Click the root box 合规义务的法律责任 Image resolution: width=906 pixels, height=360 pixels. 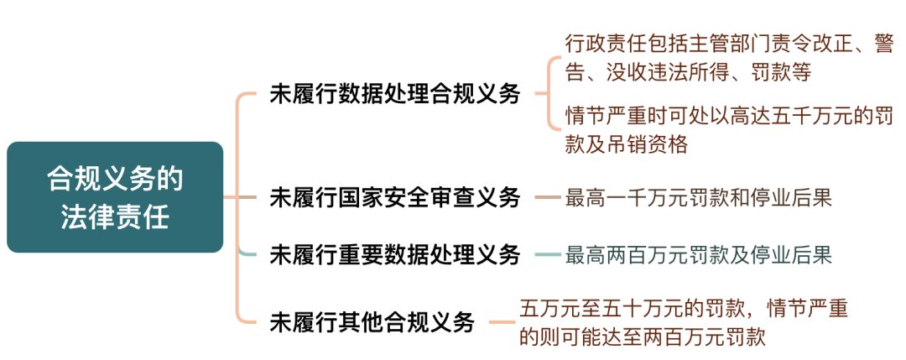coord(115,197)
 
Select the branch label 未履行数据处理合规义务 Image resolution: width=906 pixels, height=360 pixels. coord(395,93)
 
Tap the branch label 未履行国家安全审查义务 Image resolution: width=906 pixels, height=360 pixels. coord(395,198)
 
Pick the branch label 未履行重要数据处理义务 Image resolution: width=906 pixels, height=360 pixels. coord(395,254)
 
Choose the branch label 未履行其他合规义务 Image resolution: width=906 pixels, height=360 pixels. coord(372,321)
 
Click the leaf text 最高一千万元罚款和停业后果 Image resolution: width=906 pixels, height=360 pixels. coord(699,198)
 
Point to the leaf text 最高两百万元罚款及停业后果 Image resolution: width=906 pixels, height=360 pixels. coord(699,254)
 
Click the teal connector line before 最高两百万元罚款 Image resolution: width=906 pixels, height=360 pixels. coord(547,254)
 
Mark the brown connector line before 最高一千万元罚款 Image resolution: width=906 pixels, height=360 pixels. coord(547,198)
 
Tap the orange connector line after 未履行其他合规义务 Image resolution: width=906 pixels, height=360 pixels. coord(502,321)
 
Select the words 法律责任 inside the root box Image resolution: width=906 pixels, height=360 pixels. coord(115,217)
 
